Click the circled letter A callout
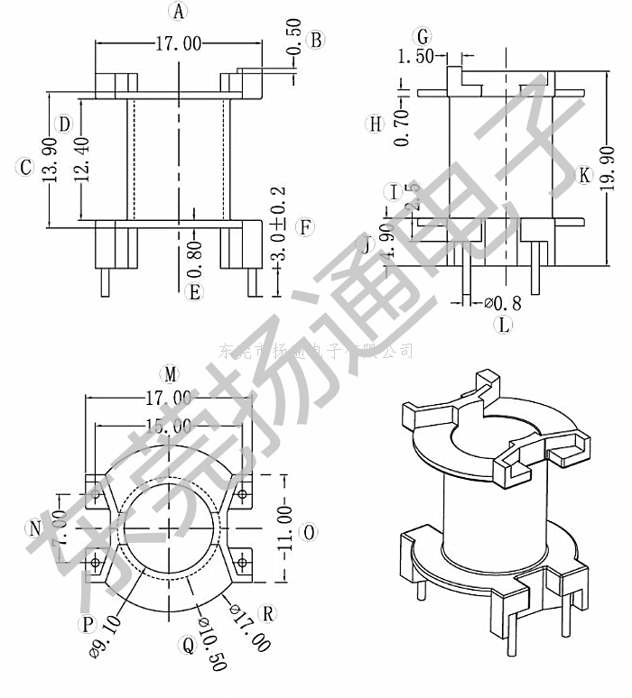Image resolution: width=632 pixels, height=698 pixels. coord(179,12)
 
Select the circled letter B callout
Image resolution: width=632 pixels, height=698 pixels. coord(315,39)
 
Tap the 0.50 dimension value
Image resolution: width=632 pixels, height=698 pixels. coord(293,61)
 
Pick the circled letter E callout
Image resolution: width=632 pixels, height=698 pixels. coord(192,291)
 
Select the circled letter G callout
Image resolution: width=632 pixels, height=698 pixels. coord(422,37)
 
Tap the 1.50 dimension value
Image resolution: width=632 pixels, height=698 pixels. coord(415,58)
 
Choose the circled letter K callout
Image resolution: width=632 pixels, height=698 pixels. coord(584,174)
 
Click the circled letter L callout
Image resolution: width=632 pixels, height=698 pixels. coord(504,324)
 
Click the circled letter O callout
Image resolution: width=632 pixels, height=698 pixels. coord(308,533)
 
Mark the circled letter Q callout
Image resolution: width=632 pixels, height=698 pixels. coord(188,645)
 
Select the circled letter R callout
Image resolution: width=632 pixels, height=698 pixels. coord(267,614)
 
